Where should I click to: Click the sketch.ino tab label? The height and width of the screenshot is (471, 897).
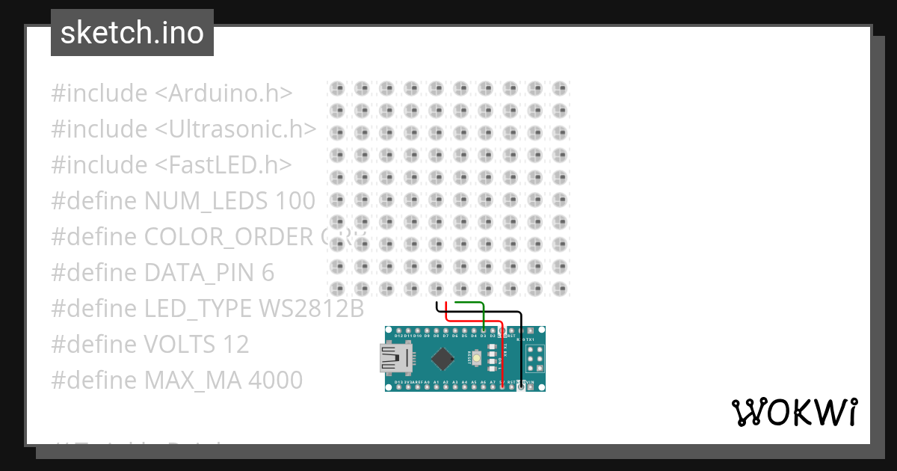(x=132, y=33)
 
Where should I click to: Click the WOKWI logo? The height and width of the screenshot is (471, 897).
(x=794, y=412)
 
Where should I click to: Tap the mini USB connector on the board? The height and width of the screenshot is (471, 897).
(x=392, y=361)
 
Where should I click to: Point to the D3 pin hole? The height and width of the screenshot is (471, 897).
(x=484, y=330)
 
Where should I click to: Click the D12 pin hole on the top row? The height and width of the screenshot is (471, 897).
(x=398, y=330)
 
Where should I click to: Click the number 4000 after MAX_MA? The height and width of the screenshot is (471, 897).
(x=274, y=381)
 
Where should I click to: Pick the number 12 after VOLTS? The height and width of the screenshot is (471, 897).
(x=235, y=345)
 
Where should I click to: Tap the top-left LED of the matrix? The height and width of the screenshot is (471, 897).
(x=337, y=89)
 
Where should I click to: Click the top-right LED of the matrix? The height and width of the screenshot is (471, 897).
(x=558, y=89)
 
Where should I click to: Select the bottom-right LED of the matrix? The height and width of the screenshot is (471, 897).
(x=558, y=288)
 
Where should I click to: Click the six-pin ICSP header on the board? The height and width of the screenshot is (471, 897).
(x=533, y=363)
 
